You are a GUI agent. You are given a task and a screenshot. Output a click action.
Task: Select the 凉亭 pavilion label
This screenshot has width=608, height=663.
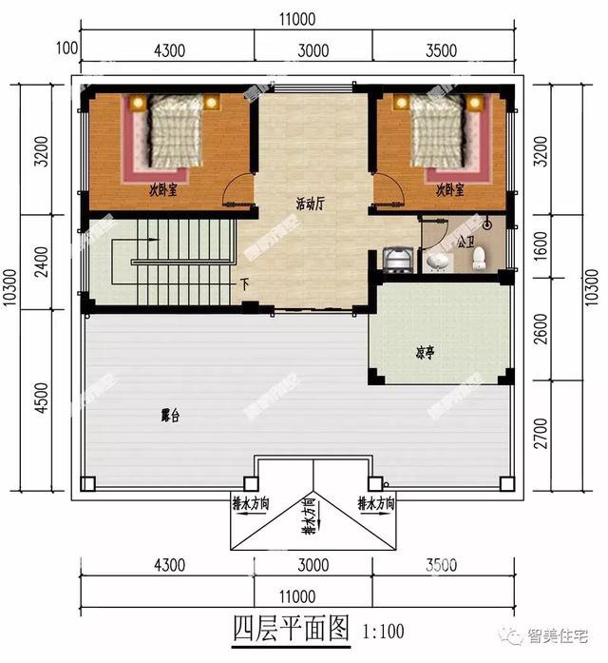click(425, 352)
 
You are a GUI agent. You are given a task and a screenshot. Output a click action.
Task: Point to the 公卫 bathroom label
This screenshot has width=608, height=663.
click(465, 244)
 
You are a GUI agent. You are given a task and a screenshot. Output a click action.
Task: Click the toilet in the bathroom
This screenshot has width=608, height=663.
click(479, 257)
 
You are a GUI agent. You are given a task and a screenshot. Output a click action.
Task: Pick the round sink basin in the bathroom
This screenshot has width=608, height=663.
click(438, 259)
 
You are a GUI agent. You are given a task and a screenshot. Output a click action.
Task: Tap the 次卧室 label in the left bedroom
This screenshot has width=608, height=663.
click(164, 190)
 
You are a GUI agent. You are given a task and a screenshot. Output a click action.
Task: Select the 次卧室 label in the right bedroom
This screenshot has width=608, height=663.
click(450, 190)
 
